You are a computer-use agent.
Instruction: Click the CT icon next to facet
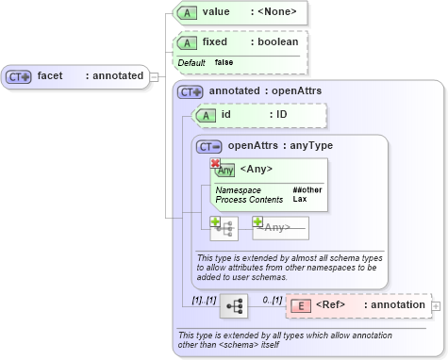click(x=20, y=75)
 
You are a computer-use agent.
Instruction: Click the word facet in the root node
click(x=50, y=75)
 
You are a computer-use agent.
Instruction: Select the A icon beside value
click(x=188, y=12)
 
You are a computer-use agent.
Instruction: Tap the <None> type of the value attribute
click(x=278, y=12)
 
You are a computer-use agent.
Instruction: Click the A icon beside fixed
click(x=188, y=42)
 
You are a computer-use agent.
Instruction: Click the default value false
click(x=224, y=62)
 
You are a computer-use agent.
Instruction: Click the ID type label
click(x=281, y=115)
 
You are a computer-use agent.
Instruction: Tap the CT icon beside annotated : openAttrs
click(x=191, y=91)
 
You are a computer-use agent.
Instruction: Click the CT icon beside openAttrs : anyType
click(x=210, y=146)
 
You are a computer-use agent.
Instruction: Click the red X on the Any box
click(x=215, y=164)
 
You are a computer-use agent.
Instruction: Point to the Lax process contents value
click(x=299, y=200)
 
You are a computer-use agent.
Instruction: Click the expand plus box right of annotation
click(x=436, y=306)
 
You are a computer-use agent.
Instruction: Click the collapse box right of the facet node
click(x=155, y=75)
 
